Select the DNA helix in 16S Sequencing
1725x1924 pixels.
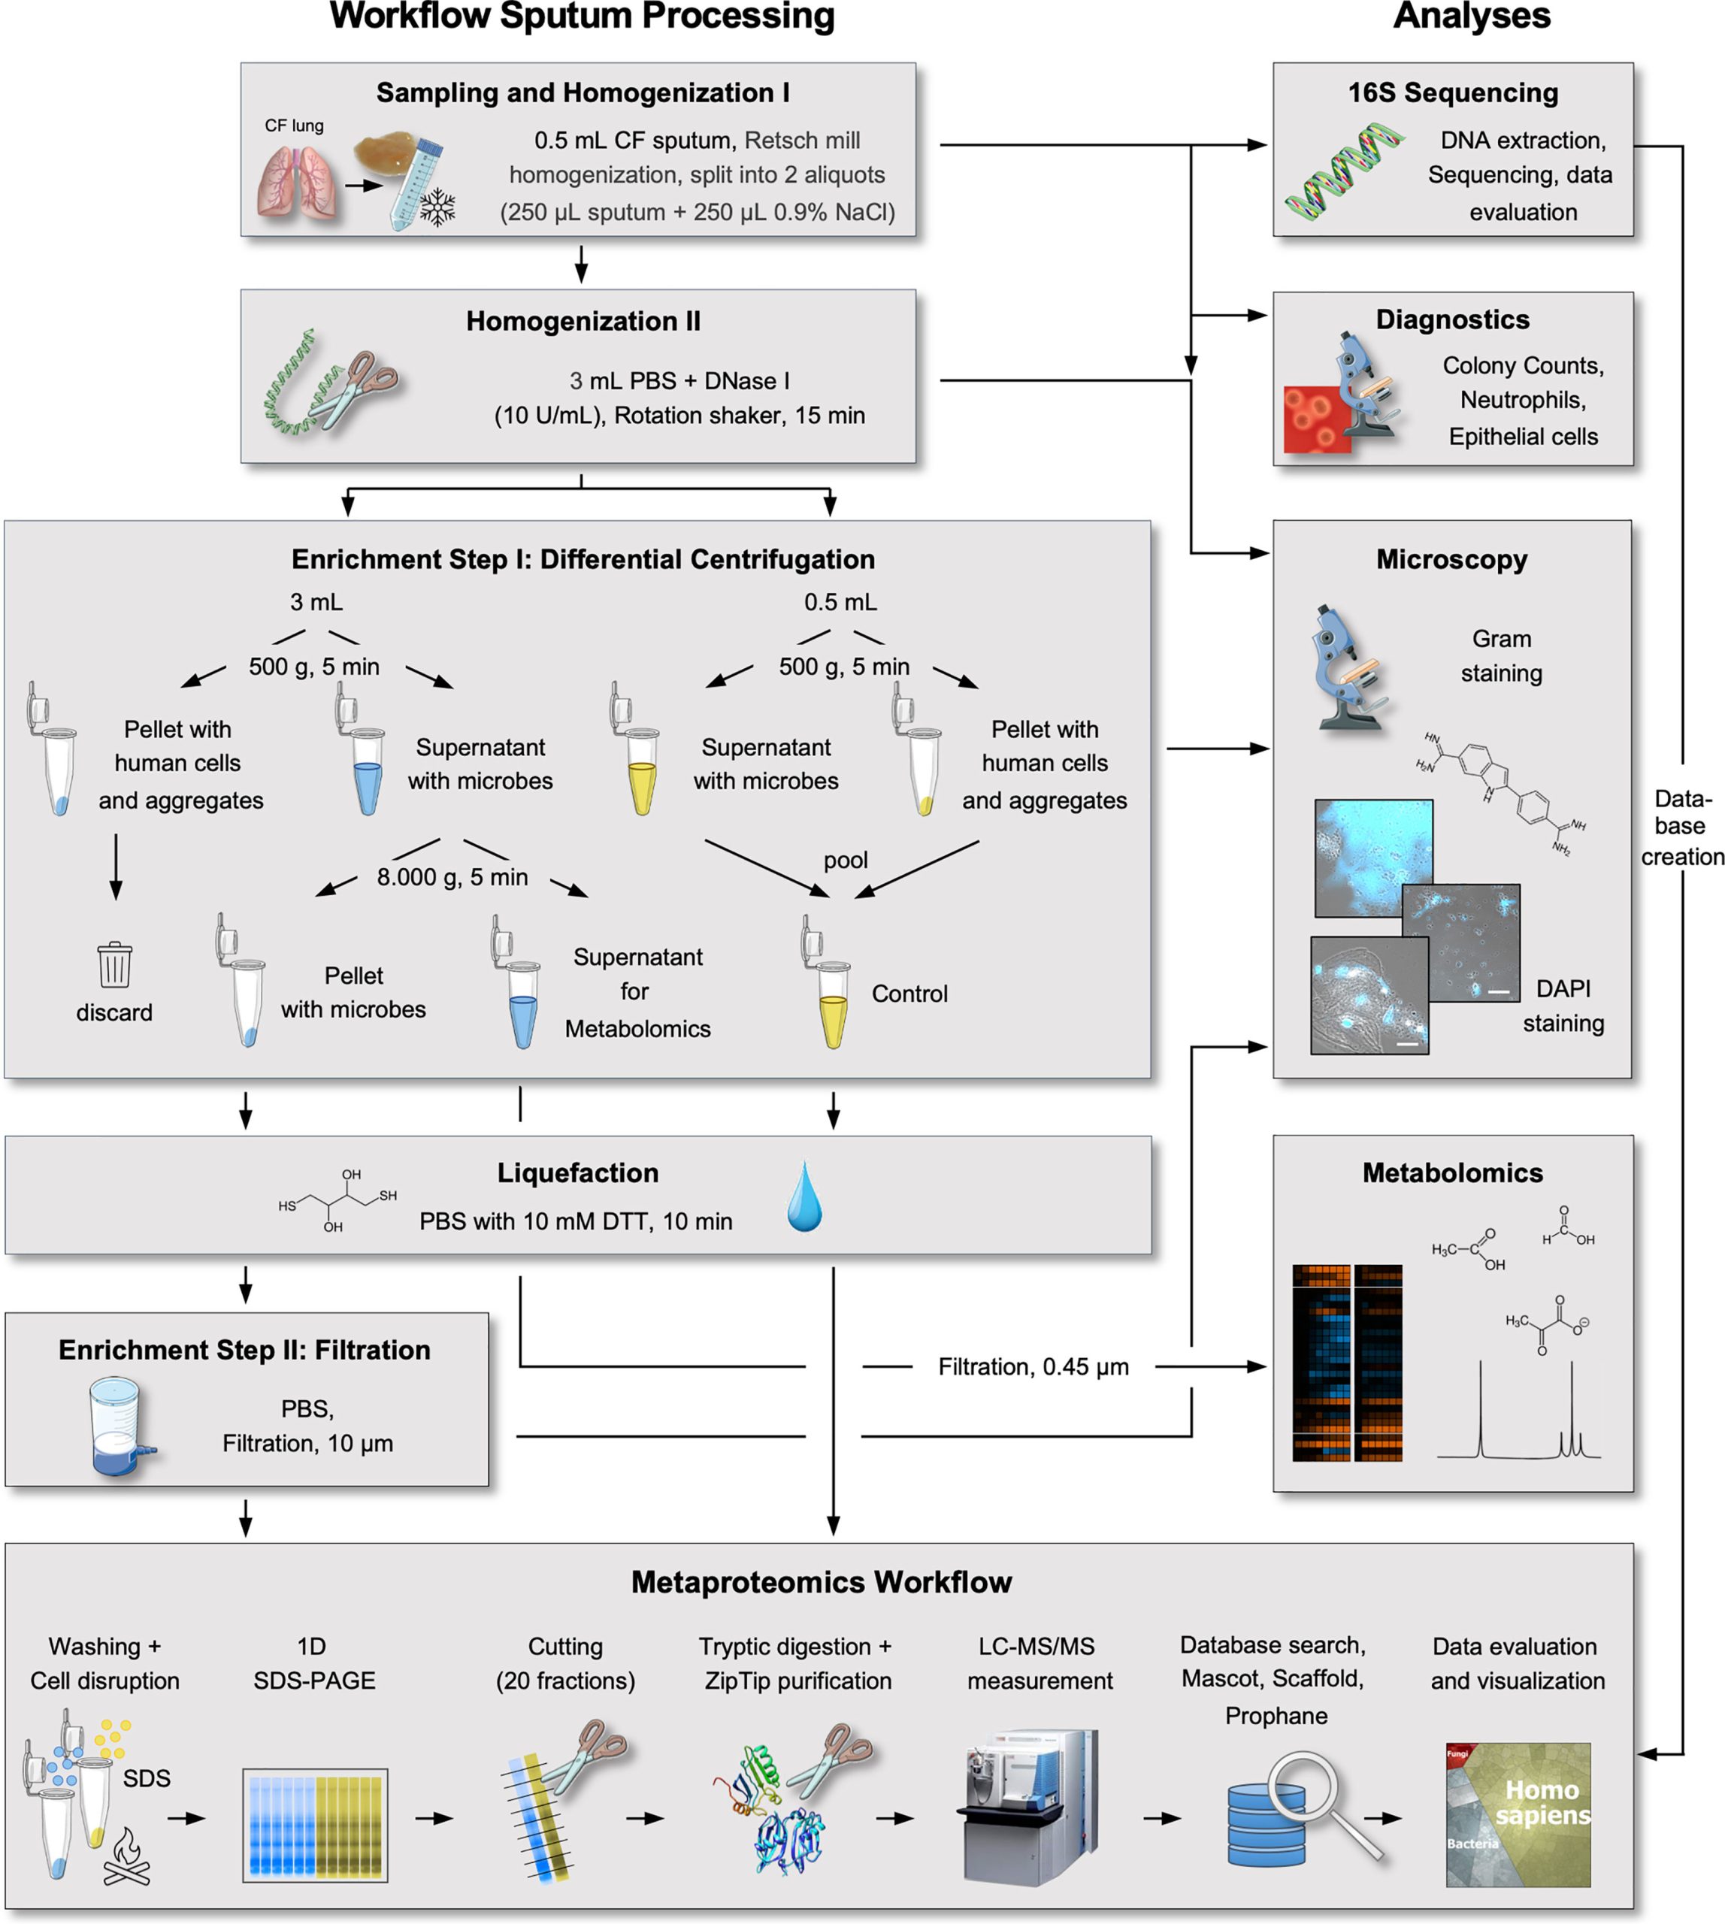(x=1344, y=171)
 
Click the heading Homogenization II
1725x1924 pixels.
(x=583, y=322)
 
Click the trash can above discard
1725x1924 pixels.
(x=115, y=965)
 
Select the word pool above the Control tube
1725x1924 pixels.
(x=845, y=860)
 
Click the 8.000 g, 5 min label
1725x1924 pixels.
(x=452, y=877)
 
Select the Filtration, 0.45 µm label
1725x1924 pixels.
(x=1033, y=1366)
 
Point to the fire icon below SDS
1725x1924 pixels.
(x=127, y=1858)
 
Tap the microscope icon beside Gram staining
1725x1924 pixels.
(x=1350, y=668)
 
